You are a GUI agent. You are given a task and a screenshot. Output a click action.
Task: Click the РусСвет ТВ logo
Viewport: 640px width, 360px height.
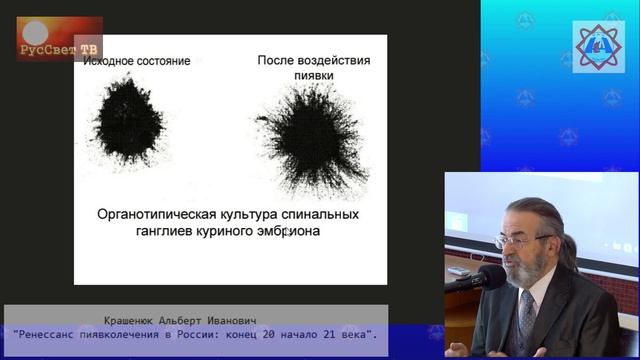[x=59, y=39]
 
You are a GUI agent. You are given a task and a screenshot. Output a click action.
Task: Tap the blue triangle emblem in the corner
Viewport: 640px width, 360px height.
[x=597, y=44]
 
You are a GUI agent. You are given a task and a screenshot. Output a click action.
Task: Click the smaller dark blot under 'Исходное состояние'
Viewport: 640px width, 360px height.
[x=129, y=126]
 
